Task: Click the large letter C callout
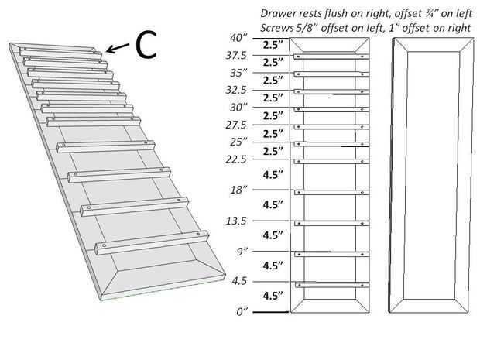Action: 146,45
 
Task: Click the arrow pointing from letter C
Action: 118,49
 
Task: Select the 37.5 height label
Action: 236,57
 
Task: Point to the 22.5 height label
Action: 236,159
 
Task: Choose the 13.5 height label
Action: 236,221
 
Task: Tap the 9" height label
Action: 240,252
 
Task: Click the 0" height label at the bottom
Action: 240,311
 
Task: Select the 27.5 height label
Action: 236,125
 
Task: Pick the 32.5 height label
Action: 236,90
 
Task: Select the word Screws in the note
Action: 279,28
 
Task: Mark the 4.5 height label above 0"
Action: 239,281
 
